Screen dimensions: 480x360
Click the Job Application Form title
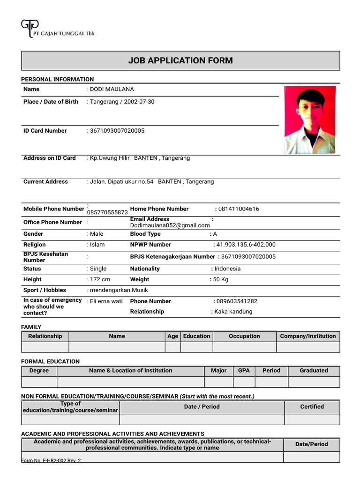click(180, 60)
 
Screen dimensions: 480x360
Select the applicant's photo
click(310, 120)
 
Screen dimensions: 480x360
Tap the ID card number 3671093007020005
click(117, 131)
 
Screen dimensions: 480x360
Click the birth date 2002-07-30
click(139, 102)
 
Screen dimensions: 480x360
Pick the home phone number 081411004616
click(240, 209)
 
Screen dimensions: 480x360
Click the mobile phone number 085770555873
click(107, 212)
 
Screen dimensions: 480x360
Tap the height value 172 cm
click(100, 279)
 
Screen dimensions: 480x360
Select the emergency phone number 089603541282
click(237, 301)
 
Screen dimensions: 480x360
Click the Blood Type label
click(145, 234)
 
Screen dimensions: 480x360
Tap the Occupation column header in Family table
click(244, 336)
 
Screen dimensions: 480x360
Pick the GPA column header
click(244, 370)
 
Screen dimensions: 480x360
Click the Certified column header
click(312, 407)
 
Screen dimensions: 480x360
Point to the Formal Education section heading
click(51, 361)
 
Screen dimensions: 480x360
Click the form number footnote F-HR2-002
click(51, 461)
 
